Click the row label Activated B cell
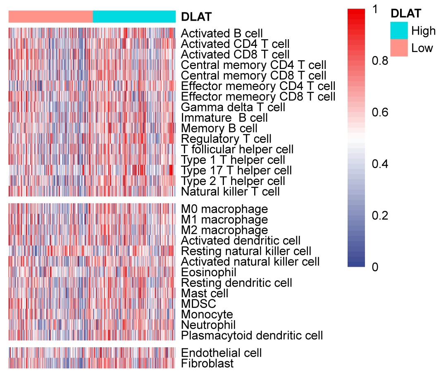pos(222,33)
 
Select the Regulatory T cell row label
pos(226,139)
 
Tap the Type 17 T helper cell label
pos(236,170)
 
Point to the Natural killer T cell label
pos(230,192)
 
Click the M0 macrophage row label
pos(224,209)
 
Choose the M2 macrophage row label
pos(224,230)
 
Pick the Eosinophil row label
pos(209,273)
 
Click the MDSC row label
pos(198,304)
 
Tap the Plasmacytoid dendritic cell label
pos(252,335)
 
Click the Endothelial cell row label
pos(222,353)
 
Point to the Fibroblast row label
pos(207,363)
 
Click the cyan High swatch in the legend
pos(398,30)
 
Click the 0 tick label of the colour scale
pos(375,267)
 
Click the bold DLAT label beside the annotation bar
pos(196,17)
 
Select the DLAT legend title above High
pos(406,13)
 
